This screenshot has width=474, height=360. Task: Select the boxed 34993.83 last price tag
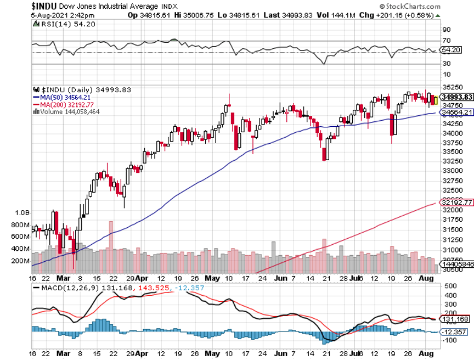coord(456,97)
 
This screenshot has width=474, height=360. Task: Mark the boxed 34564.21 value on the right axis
coord(456,113)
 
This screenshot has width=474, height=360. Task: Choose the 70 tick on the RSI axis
coord(447,41)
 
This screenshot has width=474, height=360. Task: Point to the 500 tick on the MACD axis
coord(450,286)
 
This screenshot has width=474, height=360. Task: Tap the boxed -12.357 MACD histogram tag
coord(454,332)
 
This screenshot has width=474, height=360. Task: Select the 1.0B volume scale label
coord(21,212)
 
